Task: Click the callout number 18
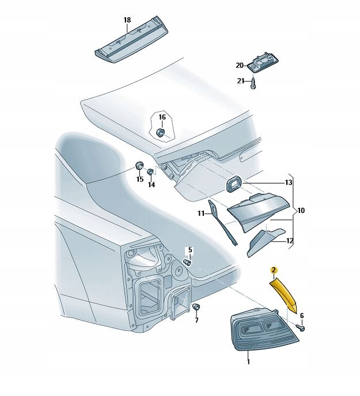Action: point(127,20)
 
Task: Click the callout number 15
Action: point(139,180)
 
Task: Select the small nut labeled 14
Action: point(151,172)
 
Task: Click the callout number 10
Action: point(301,211)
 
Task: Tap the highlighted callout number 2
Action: point(274,269)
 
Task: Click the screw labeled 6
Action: point(301,328)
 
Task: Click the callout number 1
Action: point(248,362)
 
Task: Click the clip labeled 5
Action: point(187,262)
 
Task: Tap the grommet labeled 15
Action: point(138,167)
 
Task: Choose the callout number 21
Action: point(241,81)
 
